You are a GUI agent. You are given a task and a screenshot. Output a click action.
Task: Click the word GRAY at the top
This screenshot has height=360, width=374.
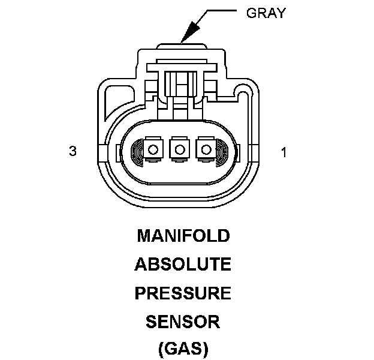(266, 13)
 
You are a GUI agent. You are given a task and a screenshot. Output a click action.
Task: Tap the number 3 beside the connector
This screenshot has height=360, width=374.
(73, 152)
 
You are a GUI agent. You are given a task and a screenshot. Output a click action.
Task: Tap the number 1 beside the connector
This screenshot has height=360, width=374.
(283, 152)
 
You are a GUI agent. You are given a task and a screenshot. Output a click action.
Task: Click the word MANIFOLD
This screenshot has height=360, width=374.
(183, 236)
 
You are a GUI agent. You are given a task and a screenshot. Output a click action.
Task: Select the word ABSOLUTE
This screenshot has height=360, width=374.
(183, 264)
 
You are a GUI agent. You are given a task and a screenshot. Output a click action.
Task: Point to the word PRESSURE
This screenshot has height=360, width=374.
(183, 293)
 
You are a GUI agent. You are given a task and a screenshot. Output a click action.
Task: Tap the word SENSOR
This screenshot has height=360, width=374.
(183, 322)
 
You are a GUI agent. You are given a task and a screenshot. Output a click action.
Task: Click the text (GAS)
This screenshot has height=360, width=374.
(183, 349)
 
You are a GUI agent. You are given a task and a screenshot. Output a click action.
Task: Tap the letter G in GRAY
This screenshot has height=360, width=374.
(251, 13)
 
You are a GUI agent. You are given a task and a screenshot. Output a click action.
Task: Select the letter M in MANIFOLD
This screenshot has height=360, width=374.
(144, 236)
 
